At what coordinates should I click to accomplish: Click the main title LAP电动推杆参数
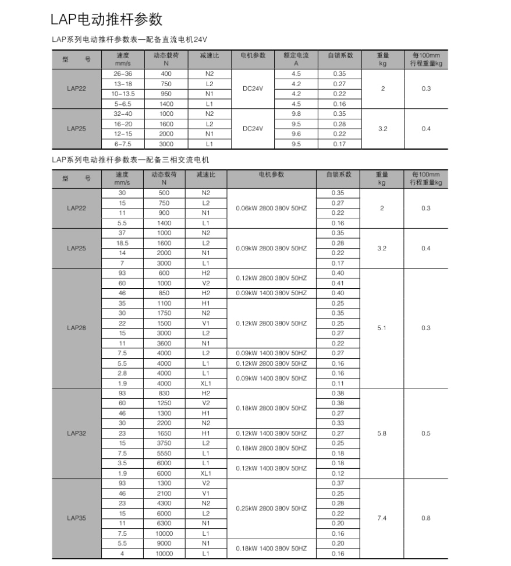tap(107, 19)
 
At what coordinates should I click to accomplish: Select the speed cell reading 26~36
tap(122, 74)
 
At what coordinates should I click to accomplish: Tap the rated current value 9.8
tap(296, 114)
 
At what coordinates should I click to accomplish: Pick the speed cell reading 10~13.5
tap(122, 94)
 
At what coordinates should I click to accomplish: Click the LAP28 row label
tap(76, 328)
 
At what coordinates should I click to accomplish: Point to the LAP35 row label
tap(76, 518)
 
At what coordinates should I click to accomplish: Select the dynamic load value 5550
tap(164, 453)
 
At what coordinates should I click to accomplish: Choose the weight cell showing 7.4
tap(382, 518)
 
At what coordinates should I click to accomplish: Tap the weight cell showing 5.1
tap(382, 328)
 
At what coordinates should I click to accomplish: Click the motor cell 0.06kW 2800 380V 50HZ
tap(271, 208)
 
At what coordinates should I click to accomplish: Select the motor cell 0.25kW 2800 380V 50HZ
tap(271, 508)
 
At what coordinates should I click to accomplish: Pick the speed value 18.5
tap(122, 243)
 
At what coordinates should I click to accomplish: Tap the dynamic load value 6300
tap(164, 523)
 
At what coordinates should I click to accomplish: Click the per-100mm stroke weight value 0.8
tap(425, 518)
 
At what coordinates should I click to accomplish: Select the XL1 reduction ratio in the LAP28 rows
tap(205, 383)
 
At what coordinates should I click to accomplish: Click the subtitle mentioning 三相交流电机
tap(130, 159)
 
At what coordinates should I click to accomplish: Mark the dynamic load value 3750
tap(164, 443)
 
